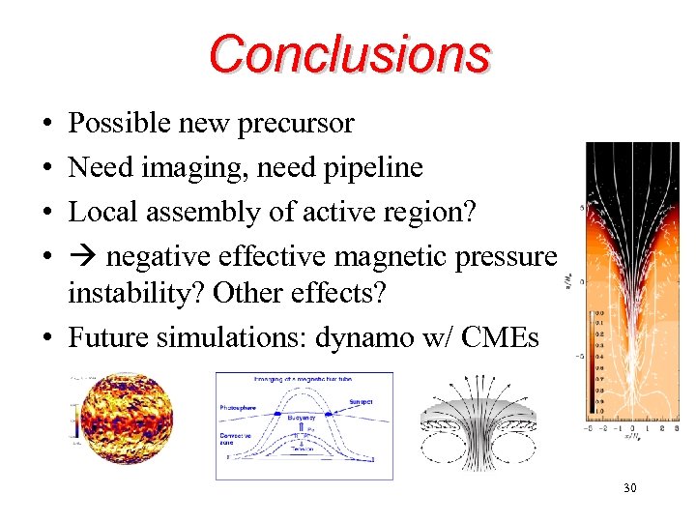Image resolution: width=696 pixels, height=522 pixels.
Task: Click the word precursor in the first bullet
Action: (x=302, y=124)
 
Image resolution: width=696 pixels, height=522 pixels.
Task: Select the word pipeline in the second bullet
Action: (x=374, y=168)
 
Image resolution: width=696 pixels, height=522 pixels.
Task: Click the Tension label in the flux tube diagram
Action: (x=304, y=451)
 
